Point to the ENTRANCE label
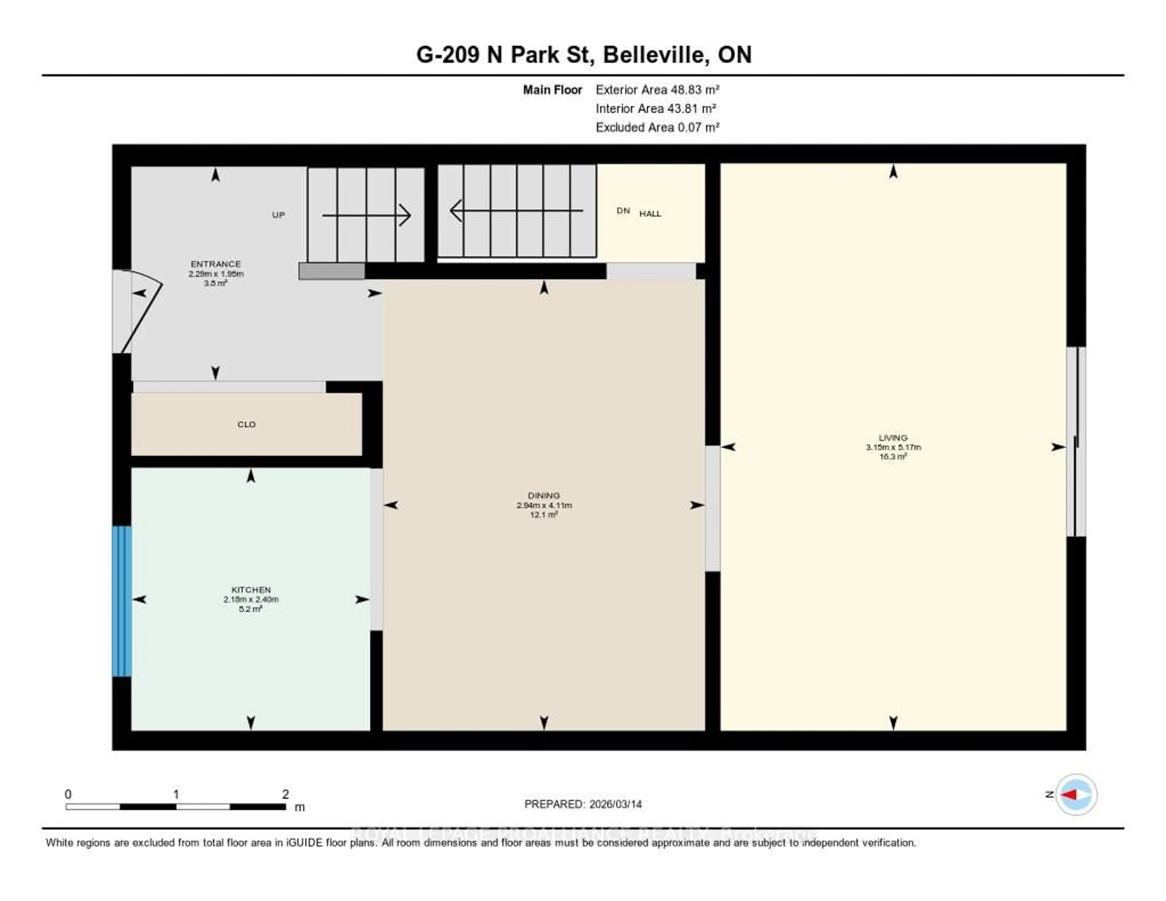pyautogui.click(x=216, y=264)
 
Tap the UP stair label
pyautogui.click(x=278, y=215)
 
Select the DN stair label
pyautogui.click(x=623, y=211)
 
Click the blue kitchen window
pyautogui.click(x=122, y=601)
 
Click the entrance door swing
pyautogui.click(x=140, y=313)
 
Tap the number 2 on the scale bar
pyautogui.click(x=286, y=794)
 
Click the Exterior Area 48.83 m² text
pyautogui.click(x=657, y=90)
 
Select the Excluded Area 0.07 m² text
pyautogui.click(x=657, y=127)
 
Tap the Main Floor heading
pyautogui.click(x=552, y=90)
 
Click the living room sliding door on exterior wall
pyautogui.click(x=1076, y=442)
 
